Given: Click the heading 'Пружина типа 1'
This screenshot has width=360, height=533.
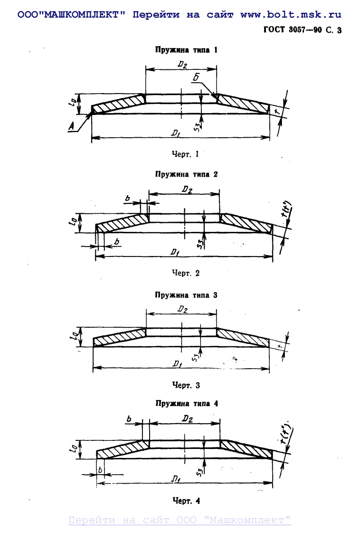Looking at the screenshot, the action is [186, 49].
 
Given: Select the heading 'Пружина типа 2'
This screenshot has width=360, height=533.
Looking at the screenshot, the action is [186, 174].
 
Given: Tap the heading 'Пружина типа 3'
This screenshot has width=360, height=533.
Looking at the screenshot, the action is [186, 295].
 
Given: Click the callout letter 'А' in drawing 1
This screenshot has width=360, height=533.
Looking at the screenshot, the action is [71, 126].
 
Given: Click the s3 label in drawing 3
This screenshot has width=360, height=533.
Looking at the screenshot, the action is [195, 357].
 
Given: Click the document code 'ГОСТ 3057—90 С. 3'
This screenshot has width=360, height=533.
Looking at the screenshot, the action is [303, 30].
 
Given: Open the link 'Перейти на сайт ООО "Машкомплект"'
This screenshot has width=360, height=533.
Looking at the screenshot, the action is [180, 520].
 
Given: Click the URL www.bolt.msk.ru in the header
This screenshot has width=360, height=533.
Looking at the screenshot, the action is [291, 15].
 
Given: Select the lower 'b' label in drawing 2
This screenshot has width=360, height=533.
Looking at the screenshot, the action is [117, 242].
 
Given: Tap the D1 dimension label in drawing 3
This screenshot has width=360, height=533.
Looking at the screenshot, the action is [177, 364].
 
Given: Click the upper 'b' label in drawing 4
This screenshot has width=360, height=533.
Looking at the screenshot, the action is [129, 419].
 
